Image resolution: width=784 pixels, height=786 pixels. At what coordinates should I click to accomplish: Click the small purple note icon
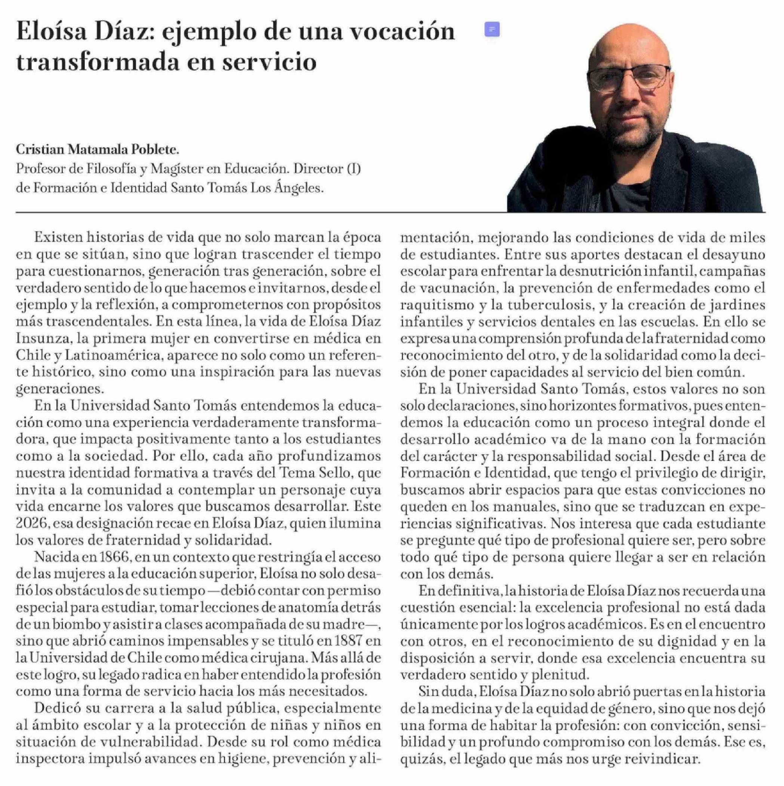pyautogui.click(x=492, y=29)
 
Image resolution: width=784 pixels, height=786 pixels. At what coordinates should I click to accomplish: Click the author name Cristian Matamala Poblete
pyautogui.click(x=97, y=150)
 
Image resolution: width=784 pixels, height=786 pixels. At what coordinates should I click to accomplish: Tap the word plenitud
pyautogui.click(x=555, y=675)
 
